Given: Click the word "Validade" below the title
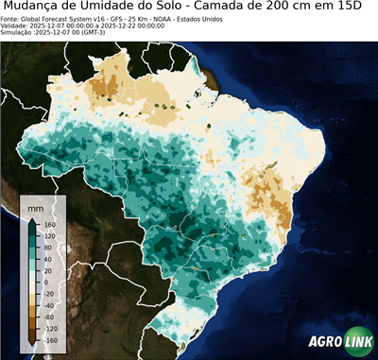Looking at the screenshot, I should (x=16, y=26).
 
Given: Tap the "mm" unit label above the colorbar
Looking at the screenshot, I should (x=36, y=206).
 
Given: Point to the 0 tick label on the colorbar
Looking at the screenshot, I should (x=45, y=282).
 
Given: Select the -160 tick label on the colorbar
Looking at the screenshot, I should (x=49, y=339).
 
